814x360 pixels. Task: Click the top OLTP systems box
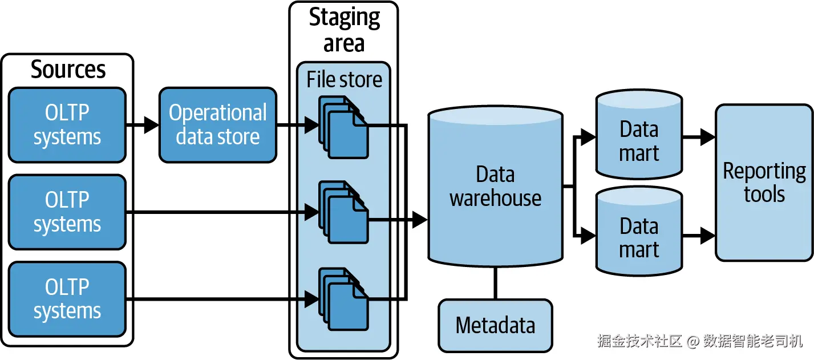coord(67,125)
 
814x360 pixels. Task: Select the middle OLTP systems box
coord(67,212)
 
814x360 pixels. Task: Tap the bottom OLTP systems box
coord(67,299)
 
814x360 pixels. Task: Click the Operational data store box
coord(218,125)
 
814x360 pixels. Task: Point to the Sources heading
coord(68,70)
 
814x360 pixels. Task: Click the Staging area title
coord(344,30)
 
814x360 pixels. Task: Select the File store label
coord(344,79)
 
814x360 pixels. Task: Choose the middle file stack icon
coord(343,212)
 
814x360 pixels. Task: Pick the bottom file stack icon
coord(343,299)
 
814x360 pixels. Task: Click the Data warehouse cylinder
coord(495,187)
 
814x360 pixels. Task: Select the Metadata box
coord(495,326)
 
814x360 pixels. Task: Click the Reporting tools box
coord(764,183)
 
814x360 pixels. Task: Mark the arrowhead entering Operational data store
coord(151,125)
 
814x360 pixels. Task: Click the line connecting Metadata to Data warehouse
coord(495,283)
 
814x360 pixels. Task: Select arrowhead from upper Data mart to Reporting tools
coord(707,137)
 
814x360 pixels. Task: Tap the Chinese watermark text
coord(700,341)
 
